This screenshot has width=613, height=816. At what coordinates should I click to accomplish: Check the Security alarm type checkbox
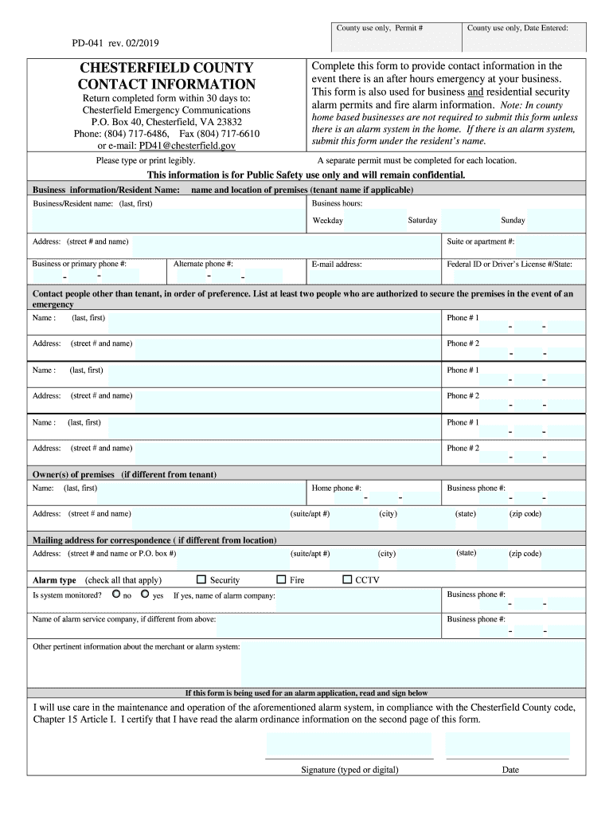tap(201, 579)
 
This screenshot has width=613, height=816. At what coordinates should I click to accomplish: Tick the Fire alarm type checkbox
tap(280, 579)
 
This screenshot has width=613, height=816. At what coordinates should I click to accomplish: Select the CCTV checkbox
tap(346, 579)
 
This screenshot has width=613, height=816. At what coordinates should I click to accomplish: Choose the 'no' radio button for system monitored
tap(116, 594)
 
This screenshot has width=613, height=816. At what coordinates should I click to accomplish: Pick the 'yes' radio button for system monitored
tap(145, 594)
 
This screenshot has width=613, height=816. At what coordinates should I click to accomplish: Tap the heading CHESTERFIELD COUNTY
tap(166, 68)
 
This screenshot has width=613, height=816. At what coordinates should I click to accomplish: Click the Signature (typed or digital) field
tap(349, 744)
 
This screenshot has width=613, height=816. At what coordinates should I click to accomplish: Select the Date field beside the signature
tap(508, 744)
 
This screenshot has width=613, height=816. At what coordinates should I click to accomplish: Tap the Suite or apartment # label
tap(480, 241)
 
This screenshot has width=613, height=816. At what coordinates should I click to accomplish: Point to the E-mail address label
tap(337, 264)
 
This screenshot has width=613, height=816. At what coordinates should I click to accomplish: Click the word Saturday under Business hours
tap(422, 220)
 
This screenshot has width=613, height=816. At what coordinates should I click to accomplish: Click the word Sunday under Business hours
tap(513, 220)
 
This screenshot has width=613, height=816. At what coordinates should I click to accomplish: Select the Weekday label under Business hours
tap(328, 221)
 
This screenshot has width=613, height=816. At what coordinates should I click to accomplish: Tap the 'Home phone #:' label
tap(337, 488)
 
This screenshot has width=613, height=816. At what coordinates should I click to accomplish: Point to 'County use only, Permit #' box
tap(379, 29)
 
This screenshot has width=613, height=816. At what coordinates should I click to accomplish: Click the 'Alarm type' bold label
tap(54, 580)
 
